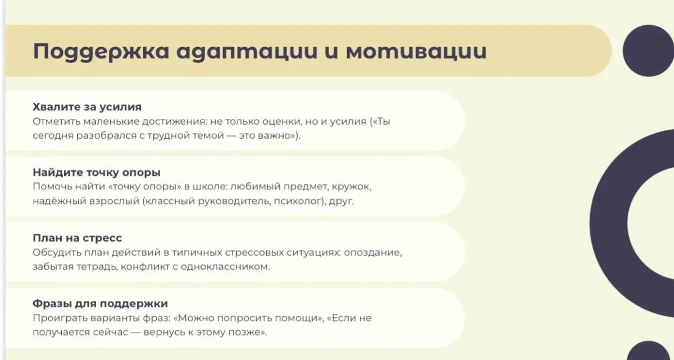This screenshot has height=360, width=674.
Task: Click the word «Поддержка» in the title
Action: (101, 52)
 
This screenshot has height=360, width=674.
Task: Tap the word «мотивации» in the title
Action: (416, 51)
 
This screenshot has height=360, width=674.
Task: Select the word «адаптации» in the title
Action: (247, 52)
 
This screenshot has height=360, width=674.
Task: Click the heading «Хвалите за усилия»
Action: (87, 107)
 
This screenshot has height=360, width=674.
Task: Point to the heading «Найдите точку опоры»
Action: (97, 172)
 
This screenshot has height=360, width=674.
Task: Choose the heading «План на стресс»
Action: (78, 238)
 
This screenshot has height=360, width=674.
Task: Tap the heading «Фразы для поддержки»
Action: (100, 303)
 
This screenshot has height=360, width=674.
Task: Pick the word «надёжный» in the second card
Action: (60, 201)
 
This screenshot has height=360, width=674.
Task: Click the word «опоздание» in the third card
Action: (373, 252)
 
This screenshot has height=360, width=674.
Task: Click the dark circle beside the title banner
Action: (648, 51)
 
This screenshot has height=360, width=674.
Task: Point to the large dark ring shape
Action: (608, 222)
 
